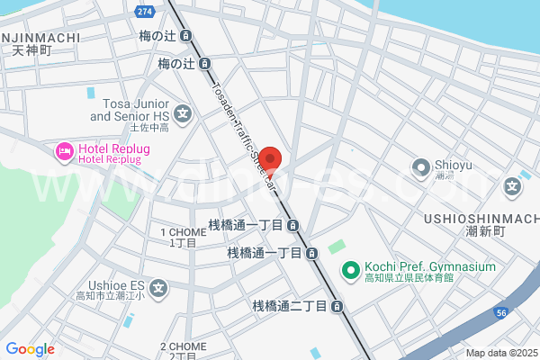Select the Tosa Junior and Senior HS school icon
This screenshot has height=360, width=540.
[184, 113]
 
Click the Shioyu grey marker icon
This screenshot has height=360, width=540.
[420, 167]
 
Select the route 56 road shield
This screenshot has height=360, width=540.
[501, 311]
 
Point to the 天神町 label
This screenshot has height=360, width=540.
[33, 51]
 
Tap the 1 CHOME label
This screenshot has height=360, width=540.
[183, 232]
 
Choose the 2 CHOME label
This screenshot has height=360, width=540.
[184, 346]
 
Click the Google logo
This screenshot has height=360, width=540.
[30, 349]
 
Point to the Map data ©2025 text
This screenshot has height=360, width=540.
[500, 353]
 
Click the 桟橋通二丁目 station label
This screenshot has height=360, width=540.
[288, 307]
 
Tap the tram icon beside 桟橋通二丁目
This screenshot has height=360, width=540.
[337, 307]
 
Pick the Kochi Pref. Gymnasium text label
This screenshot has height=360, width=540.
[430, 267]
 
